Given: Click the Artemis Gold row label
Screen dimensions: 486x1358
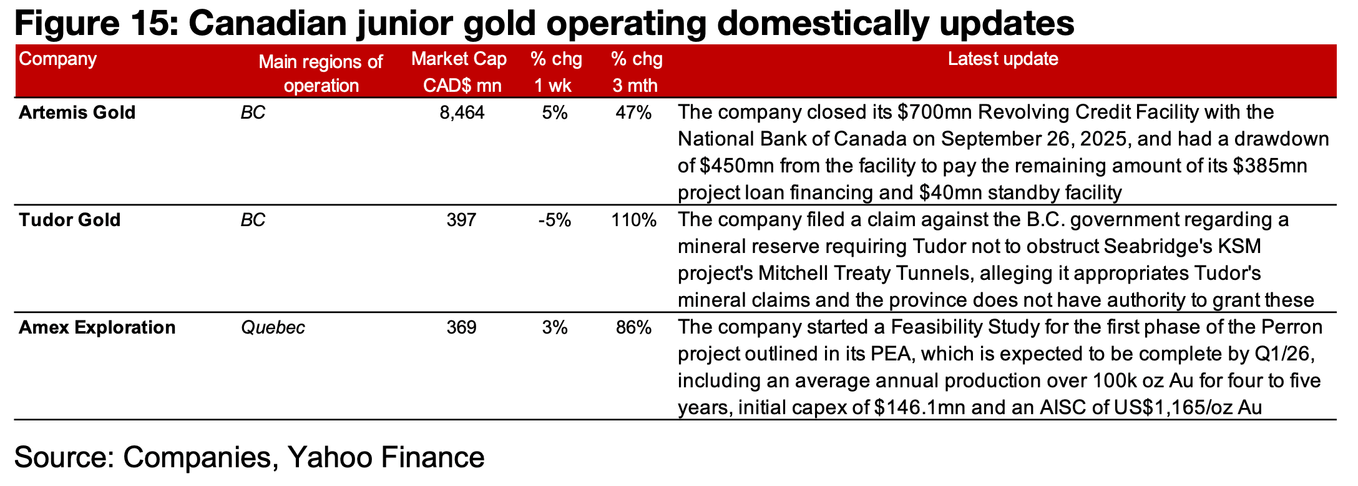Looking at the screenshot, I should pyautogui.click(x=77, y=112).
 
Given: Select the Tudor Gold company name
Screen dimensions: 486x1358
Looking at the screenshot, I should pyautogui.click(x=69, y=220).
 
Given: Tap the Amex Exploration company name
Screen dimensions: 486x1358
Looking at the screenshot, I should pyautogui.click(x=97, y=327).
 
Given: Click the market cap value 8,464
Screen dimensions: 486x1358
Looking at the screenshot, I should pyautogui.click(x=462, y=112).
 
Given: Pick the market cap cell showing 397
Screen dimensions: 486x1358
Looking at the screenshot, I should pyautogui.click(x=462, y=220).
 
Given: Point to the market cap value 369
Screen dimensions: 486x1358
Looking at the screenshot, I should pyautogui.click(x=462, y=327).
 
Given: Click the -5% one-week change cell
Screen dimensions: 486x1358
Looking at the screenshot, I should pyautogui.click(x=554, y=220).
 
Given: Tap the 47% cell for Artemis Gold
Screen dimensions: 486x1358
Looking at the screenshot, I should pyautogui.click(x=634, y=112).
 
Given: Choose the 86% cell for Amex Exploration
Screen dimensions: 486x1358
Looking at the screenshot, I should pyautogui.click(x=634, y=327).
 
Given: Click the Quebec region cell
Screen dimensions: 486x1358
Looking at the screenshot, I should pyautogui.click(x=273, y=327).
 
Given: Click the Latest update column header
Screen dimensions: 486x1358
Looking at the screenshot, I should pyautogui.click(x=1003, y=59).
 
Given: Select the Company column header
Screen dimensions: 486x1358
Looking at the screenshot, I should pyautogui.click(x=57, y=59).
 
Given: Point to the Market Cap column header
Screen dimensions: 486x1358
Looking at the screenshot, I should pyautogui.click(x=459, y=59).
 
